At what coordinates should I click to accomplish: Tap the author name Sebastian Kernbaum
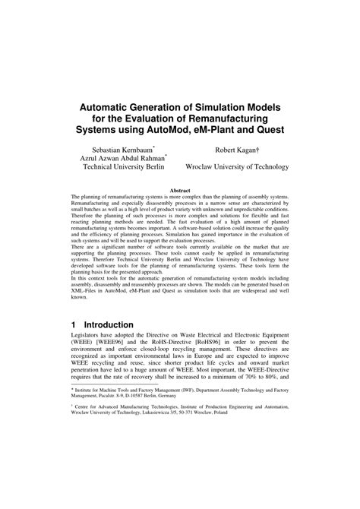pos(121,152)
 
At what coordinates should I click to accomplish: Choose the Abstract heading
pos(179,190)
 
